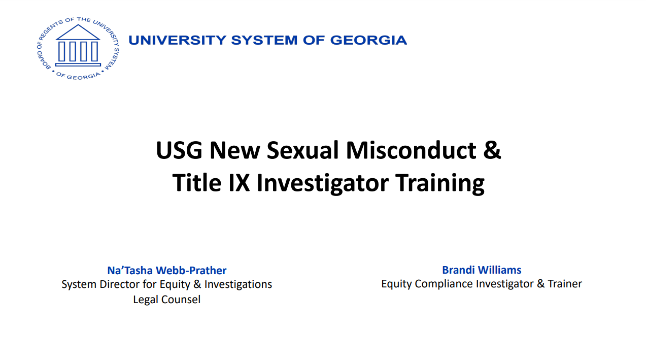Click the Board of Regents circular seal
click(x=78, y=48)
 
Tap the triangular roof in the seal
click(x=78, y=32)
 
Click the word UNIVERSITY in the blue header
click(x=178, y=40)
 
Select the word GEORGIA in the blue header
click(x=368, y=40)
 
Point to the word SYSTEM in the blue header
click(x=264, y=40)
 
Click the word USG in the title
click(x=179, y=150)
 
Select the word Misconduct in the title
click(x=411, y=150)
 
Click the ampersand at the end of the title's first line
click(x=492, y=150)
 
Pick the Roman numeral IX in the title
click(x=239, y=183)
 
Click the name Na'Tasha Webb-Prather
click(x=166, y=270)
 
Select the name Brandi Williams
click(x=482, y=270)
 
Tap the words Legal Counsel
click(x=166, y=300)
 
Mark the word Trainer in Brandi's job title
click(x=565, y=283)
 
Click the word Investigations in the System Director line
click(x=238, y=285)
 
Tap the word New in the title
click(x=234, y=150)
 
